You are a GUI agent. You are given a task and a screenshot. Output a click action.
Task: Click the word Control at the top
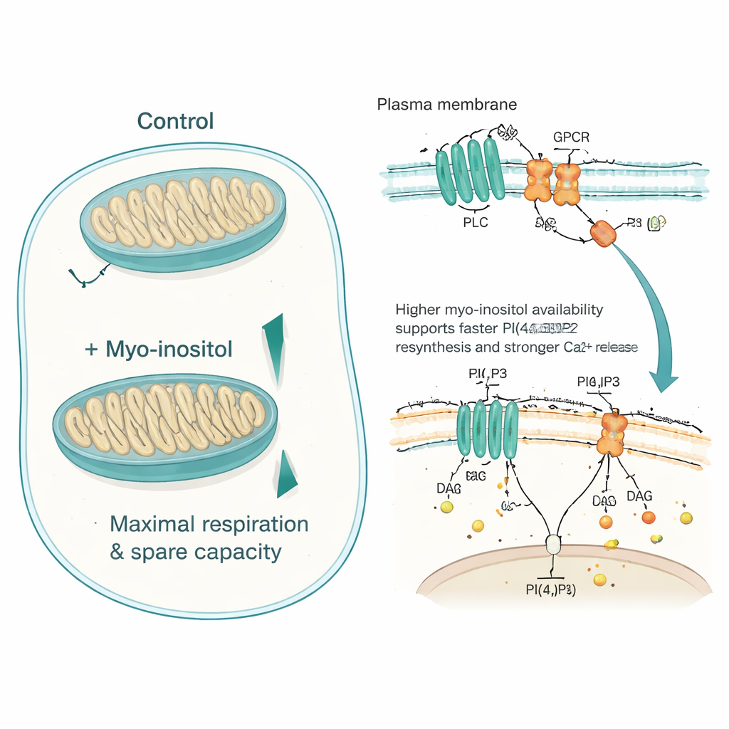click(175, 120)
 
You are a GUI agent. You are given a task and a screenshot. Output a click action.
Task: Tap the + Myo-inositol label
click(159, 350)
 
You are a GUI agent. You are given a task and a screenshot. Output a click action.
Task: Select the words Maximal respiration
click(209, 524)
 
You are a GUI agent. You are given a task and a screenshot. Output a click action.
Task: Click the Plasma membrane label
click(446, 105)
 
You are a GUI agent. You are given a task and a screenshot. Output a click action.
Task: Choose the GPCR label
click(571, 137)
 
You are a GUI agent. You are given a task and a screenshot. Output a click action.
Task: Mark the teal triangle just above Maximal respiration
click(286, 476)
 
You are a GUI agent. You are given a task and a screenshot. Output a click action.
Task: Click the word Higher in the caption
click(419, 310)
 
